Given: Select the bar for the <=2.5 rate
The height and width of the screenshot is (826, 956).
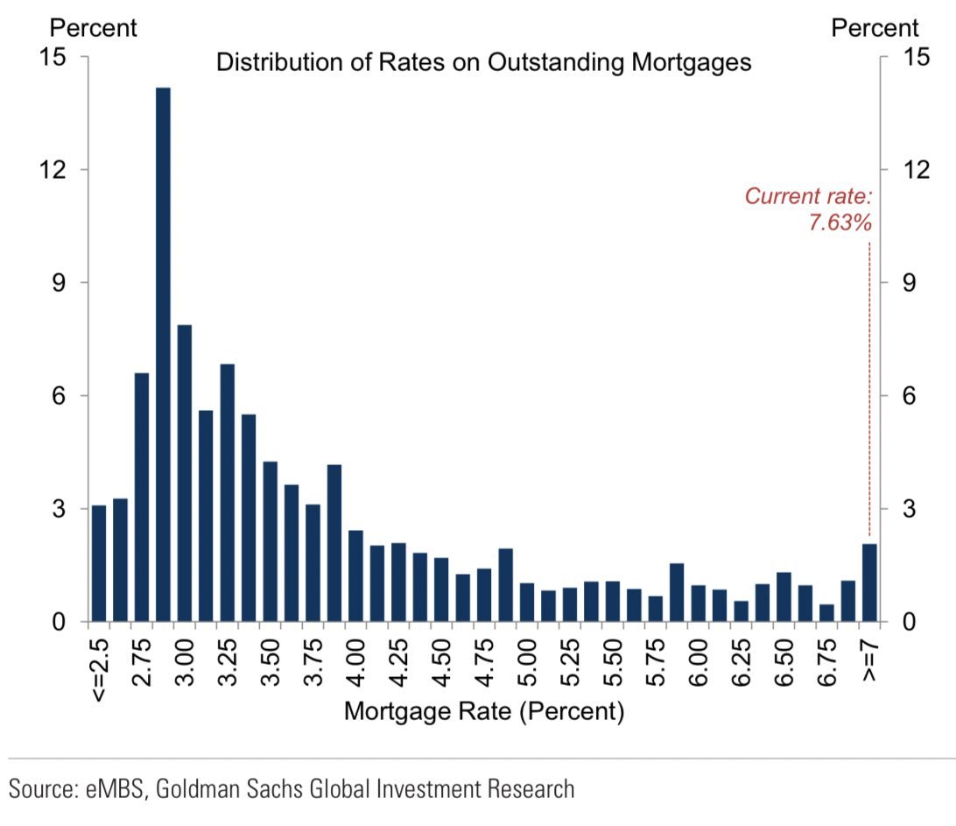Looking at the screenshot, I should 98,564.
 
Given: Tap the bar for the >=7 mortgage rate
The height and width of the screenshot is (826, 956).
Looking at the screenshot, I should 869,583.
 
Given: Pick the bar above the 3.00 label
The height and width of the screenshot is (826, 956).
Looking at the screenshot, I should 184,473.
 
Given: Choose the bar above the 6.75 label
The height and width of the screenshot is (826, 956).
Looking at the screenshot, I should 826,613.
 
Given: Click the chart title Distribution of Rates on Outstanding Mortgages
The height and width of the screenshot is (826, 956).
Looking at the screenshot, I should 483,64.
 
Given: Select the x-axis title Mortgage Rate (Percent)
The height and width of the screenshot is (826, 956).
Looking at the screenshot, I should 483,711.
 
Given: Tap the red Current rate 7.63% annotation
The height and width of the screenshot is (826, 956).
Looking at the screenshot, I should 808,209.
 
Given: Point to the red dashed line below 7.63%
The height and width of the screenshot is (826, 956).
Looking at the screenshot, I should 869,385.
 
